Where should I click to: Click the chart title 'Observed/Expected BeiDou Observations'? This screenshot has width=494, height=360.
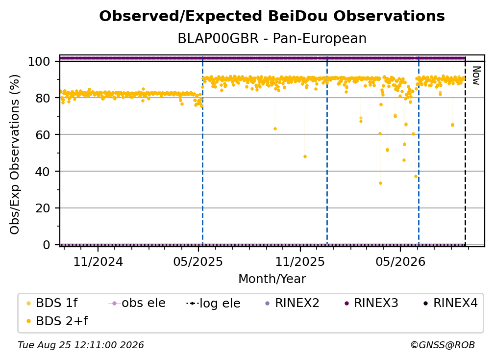click(272, 16)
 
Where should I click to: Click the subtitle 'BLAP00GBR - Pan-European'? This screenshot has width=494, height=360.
click(272, 38)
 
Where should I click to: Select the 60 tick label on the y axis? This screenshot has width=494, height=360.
click(43, 134)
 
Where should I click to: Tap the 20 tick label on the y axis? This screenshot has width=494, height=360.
click(43, 208)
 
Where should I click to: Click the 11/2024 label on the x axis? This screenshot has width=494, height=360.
click(98, 261)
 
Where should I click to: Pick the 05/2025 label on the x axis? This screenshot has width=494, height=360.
click(198, 261)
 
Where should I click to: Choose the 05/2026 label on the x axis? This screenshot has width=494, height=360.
click(400, 261)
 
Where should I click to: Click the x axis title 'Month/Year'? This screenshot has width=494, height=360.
click(272, 279)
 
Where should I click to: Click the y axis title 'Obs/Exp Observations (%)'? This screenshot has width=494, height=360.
click(15, 154)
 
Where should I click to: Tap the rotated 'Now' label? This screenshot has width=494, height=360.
click(476, 76)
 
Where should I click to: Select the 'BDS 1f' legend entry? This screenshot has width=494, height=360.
click(52, 303)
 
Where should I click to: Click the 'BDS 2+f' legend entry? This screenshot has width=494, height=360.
click(57, 321)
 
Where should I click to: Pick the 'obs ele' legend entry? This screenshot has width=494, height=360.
click(137, 303)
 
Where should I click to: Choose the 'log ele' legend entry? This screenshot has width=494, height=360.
click(213, 304)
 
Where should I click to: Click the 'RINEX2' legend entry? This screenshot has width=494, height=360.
click(292, 303)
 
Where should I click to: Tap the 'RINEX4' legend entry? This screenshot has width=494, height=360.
click(450, 303)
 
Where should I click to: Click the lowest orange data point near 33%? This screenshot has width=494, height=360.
click(380, 183)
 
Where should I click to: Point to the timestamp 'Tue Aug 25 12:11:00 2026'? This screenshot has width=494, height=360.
click(81, 345)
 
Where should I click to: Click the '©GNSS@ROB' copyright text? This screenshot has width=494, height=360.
click(443, 345)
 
